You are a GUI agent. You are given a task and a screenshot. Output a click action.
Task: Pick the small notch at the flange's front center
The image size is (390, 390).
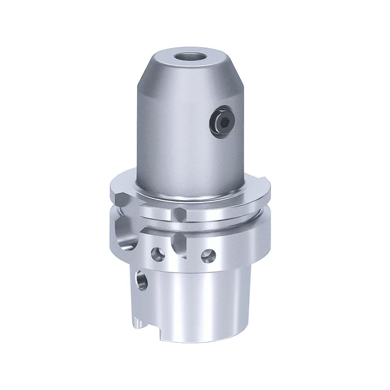(178, 213)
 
